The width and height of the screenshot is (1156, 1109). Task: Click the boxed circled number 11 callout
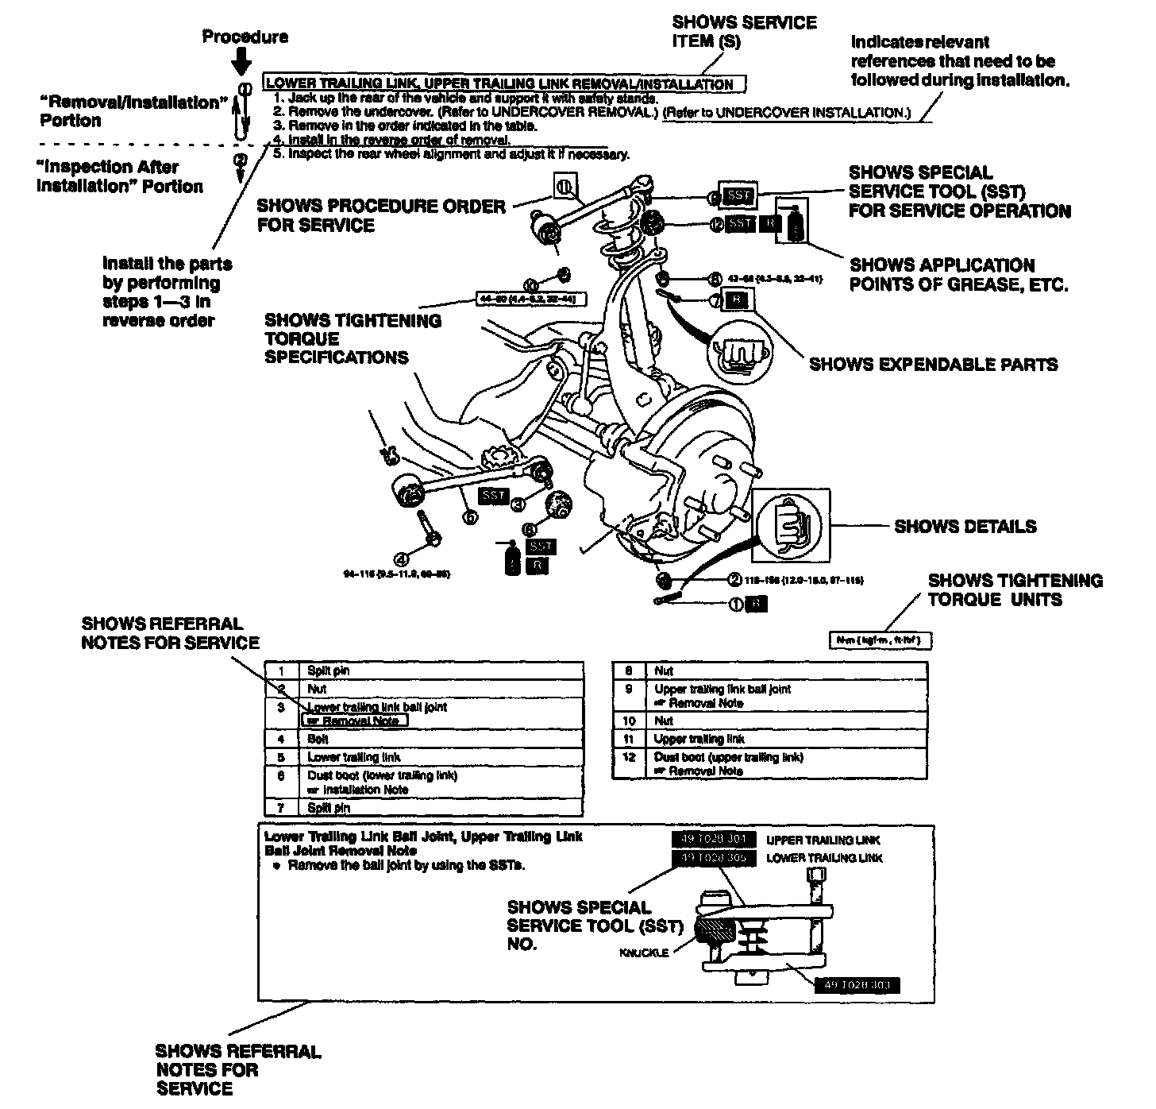[564, 187]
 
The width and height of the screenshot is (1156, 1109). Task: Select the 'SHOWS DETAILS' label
[965, 526]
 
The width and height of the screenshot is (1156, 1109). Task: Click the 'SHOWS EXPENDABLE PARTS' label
[933, 365]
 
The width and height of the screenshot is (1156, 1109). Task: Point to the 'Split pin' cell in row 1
[328, 670]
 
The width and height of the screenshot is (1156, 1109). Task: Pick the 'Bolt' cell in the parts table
[318, 739]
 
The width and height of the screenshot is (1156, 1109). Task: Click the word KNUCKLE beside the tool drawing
[643, 953]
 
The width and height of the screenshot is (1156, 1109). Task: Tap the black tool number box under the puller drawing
[857, 986]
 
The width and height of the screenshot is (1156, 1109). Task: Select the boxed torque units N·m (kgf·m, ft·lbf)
[880, 640]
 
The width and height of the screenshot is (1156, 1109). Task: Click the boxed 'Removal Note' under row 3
[354, 721]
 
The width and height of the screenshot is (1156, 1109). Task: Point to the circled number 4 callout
[402, 558]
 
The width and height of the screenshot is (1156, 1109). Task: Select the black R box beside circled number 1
[758, 604]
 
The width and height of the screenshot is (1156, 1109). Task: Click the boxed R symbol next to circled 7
[738, 300]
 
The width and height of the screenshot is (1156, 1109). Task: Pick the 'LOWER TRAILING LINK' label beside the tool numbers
[823, 858]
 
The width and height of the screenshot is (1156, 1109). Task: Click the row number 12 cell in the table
[629, 757]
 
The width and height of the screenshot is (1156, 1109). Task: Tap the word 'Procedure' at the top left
[245, 37]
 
